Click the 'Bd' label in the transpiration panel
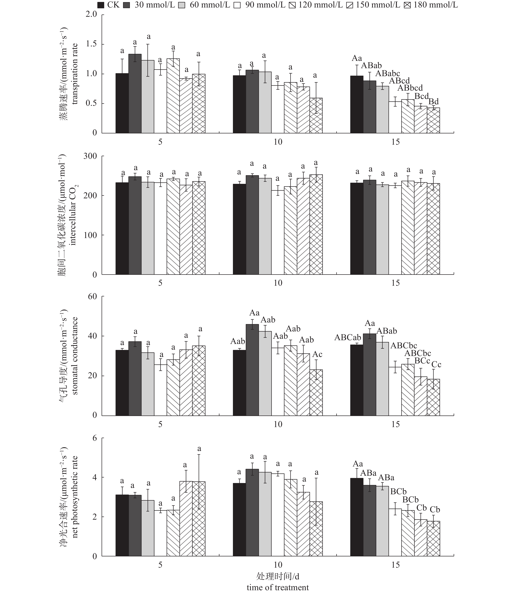(433, 102)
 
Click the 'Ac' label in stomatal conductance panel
(317, 354)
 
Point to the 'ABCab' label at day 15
(348, 338)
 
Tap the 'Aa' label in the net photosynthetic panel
(358, 464)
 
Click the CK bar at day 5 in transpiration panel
(122, 103)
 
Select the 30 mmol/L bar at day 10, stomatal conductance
(252, 370)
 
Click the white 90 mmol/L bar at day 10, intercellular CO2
(278, 232)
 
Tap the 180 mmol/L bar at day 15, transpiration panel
(433, 120)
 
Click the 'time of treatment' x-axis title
(278, 588)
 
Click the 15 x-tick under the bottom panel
(395, 565)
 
